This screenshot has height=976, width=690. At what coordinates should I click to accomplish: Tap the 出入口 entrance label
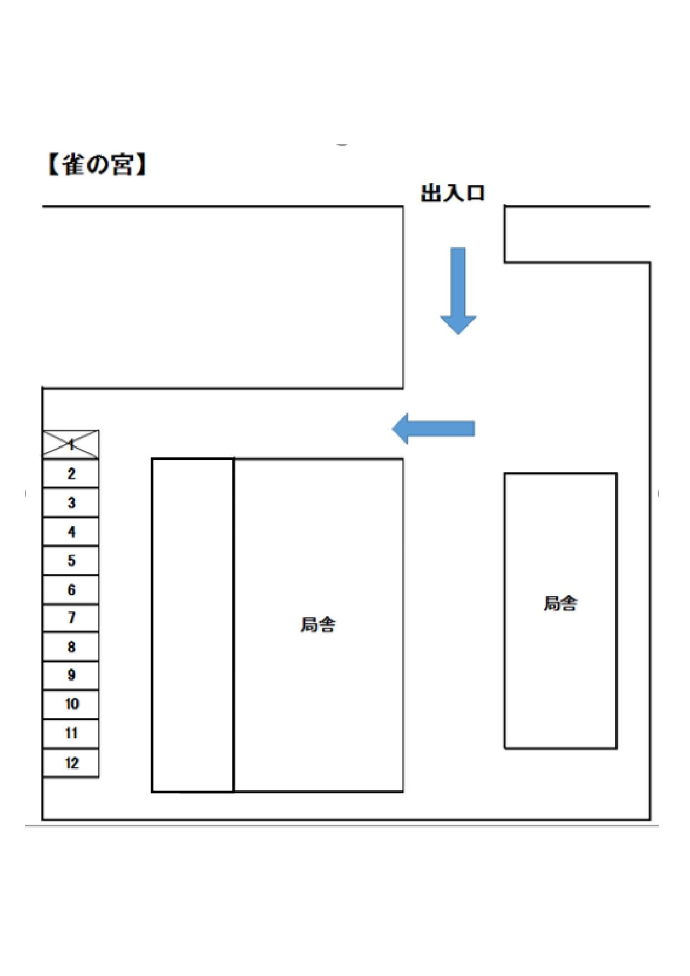[x=453, y=194]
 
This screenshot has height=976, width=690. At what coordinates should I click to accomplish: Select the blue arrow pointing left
[x=434, y=428]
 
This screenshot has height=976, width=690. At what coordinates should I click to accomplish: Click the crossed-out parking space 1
[x=71, y=444]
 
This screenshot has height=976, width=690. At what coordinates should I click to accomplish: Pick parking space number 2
[x=71, y=474]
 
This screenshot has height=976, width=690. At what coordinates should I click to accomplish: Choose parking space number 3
[x=71, y=503]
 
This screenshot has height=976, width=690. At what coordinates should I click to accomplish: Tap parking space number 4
[x=71, y=532]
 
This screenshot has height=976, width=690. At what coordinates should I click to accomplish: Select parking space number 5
[x=71, y=561]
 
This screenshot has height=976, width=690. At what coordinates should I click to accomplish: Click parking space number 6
[x=71, y=589]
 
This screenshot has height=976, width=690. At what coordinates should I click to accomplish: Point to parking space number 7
[x=71, y=618]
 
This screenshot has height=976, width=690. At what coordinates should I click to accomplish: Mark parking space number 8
[x=71, y=647]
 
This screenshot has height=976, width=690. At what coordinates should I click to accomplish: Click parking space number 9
[x=71, y=675]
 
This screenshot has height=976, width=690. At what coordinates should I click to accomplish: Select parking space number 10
[x=71, y=704]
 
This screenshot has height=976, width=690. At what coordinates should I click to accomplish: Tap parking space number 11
[x=71, y=733]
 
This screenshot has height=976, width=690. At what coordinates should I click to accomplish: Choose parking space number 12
[x=71, y=762]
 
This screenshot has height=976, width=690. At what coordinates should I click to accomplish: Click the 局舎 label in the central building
[x=318, y=625]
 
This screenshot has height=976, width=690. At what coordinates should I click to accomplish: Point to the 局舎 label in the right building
[x=560, y=603]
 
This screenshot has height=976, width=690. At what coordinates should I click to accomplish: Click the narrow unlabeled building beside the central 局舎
[x=192, y=625]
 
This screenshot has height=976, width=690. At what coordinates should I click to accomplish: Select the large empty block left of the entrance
[x=222, y=298]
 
